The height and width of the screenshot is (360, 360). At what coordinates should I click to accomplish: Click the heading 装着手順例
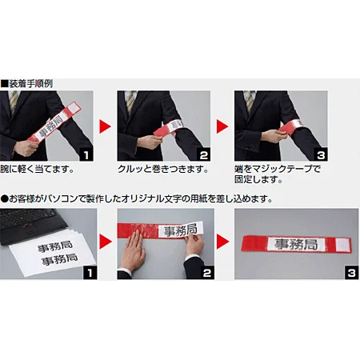(x=31, y=82)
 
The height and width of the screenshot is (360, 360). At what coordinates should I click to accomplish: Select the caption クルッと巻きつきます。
(x=163, y=170)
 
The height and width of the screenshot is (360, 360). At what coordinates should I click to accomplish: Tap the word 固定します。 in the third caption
(x=256, y=182)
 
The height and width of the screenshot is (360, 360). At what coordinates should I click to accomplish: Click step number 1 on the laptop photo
(x=90, y=272)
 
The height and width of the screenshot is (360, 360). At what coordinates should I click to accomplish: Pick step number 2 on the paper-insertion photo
(x=206, y=272)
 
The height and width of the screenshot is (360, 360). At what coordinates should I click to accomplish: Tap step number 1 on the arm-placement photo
(x=90, y=153)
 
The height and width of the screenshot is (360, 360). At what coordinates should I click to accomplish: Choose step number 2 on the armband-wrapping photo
(x=206, y=153)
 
